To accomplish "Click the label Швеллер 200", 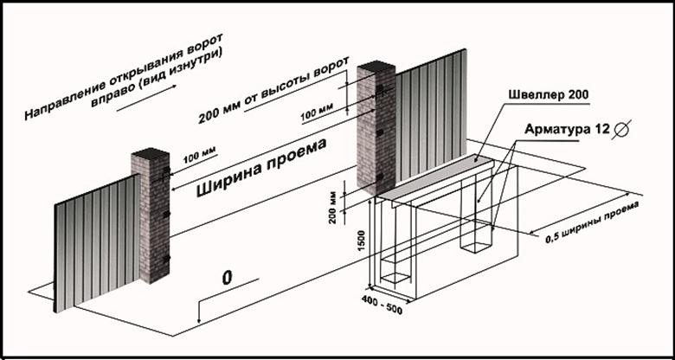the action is coord(548,94).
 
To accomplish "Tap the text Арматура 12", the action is coord(567,129).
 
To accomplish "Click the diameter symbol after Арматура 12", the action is coord(623,128).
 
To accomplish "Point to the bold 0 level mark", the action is coord(227,277).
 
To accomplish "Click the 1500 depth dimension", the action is coord(362,241).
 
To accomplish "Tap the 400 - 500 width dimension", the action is coord(382,305).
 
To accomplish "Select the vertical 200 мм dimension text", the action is coord(332,210).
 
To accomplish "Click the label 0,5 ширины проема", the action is coord(592,222).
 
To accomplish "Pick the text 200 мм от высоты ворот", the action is coord(273,90).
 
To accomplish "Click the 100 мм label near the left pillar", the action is coord(200,155).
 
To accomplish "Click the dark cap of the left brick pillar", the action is coord(151,153).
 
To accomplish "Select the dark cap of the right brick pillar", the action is coord(376,67).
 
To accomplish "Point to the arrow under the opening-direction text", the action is coord(146,98).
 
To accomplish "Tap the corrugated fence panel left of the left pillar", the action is coord(97,242).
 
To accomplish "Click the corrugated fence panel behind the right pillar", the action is coord(431,115).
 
